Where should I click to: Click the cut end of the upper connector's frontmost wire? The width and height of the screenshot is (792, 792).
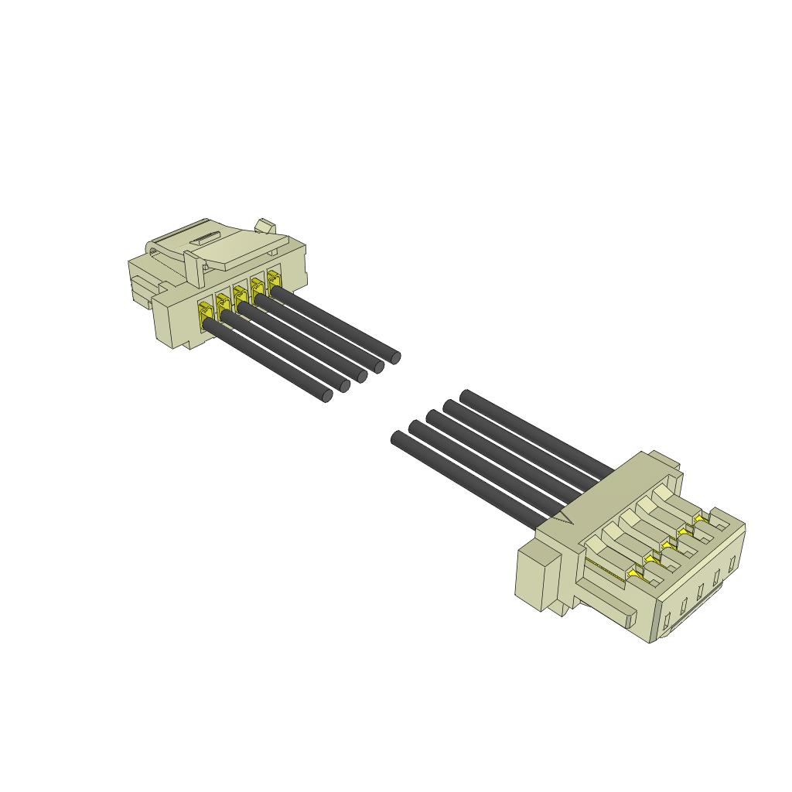point(326,396)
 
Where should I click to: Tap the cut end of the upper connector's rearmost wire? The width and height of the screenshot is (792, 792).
point(394,357)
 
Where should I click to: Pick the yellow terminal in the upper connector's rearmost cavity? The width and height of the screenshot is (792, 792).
point(274,278)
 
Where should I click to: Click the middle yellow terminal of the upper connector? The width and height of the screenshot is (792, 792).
point(241,295)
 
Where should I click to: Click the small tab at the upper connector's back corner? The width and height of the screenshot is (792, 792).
point(265,226)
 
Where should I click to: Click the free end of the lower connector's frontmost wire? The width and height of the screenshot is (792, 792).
point(398,439)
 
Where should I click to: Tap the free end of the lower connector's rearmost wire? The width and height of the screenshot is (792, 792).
point(466,396)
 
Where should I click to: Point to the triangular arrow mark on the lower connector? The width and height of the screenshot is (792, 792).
point(567,517)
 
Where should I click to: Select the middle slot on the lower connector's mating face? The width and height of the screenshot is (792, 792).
point(699,591)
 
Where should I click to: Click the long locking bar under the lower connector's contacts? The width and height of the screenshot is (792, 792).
point(607,600)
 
